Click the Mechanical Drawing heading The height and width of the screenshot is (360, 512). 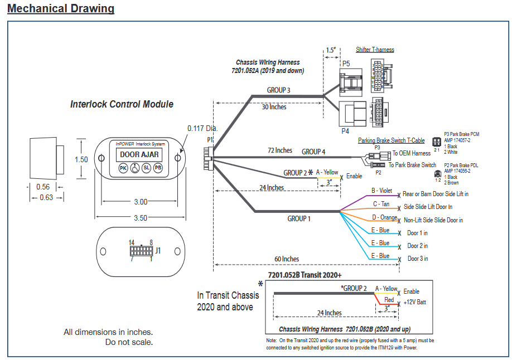61,9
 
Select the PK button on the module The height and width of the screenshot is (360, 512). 123,167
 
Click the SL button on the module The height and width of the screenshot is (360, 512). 146,167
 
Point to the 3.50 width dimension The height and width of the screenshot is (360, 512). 140,218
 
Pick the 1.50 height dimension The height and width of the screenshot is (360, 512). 81,159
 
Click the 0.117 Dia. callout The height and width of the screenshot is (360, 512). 202,128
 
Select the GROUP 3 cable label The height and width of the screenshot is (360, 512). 279,90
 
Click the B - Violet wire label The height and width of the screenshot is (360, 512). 383,191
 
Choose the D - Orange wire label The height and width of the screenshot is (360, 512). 384,217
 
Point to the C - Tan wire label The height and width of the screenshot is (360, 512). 383,204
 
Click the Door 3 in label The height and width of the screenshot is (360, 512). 418,259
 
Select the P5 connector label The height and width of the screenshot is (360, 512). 346,64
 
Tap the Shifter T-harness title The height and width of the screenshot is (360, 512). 375,50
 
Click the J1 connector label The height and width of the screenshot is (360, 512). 158,251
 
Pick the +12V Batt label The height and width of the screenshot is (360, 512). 414,302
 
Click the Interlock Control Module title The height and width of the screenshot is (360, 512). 122,104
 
